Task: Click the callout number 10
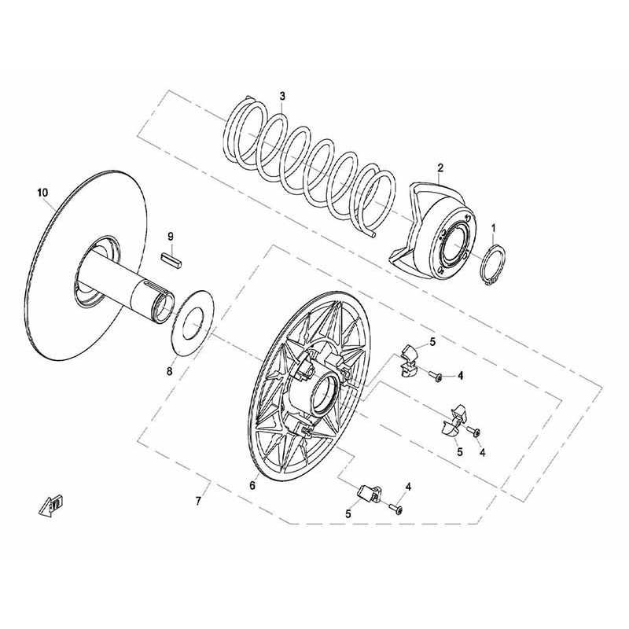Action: click(x=42, y=193)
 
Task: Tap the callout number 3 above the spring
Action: click(x=282, y=96)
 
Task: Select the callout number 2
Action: click(x=440, y=167)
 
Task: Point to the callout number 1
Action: click(x=494, y=228)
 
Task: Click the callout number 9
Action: click(x=171, y=237)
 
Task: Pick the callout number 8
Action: click(x=170, y=371)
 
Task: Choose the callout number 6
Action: click(x=252, y=485)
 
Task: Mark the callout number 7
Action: click(x=198, y=501)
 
